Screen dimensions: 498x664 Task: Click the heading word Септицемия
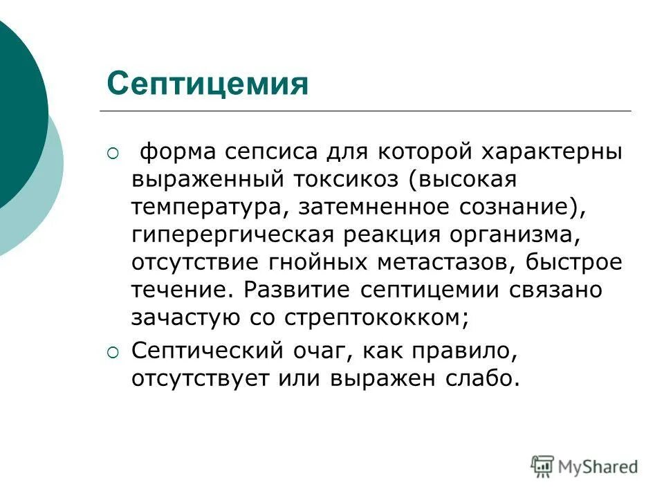(x=207, y=84)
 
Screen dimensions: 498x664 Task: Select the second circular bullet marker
(x=113, y=353)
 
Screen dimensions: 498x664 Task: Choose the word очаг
(x=315, y=352)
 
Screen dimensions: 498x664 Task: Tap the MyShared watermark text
(x=598, y=467)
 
